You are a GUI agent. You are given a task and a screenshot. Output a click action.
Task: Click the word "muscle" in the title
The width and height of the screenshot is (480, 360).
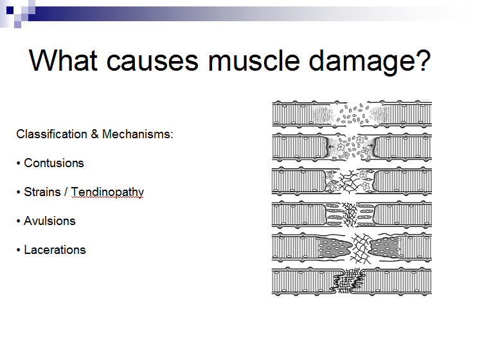(253, 60)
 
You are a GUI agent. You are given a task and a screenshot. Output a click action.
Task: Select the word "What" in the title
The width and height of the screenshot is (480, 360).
(64, 60)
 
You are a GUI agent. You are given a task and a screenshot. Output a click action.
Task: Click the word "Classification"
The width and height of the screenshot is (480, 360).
(52, 134)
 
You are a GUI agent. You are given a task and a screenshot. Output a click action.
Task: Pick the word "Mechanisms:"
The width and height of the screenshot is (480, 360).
(138, 134)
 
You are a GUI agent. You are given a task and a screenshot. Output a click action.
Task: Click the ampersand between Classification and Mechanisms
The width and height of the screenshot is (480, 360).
(94, 134)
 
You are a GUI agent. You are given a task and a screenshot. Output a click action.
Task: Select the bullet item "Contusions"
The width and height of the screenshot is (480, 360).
(54, 163)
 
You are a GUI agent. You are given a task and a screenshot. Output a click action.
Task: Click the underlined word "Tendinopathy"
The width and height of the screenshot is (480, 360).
(107, 193)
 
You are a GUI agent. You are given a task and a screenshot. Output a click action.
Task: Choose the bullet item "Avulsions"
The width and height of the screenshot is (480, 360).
(49, 221)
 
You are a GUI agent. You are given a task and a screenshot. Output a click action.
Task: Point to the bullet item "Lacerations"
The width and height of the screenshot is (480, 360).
(55, 250)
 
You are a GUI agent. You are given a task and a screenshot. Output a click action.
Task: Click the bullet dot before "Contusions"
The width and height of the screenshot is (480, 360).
(19, 164)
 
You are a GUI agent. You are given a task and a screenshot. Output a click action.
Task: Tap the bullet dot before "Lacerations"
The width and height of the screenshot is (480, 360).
(19, 250)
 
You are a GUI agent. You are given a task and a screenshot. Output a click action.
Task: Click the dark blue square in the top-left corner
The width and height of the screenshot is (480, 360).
(10, 10)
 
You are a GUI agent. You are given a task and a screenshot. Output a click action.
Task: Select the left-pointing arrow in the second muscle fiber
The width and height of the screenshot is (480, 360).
(332, 147)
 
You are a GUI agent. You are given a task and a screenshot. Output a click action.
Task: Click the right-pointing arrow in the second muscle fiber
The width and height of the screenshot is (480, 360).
(370, 145)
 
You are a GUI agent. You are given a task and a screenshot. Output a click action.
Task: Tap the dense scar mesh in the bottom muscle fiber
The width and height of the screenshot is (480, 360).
(348, 280)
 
